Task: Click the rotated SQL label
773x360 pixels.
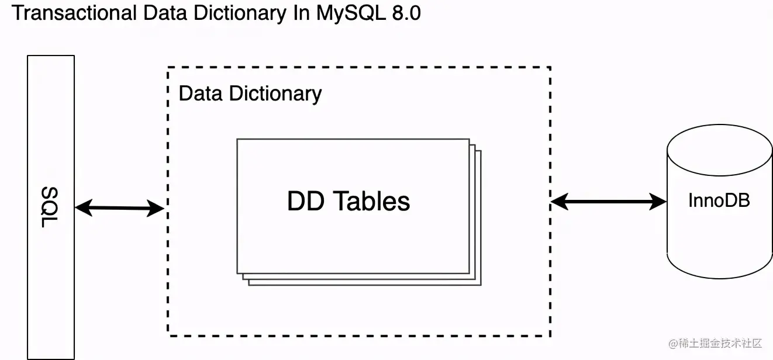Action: [51, 208]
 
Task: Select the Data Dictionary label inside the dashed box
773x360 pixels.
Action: [250, 94]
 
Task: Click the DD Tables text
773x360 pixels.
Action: [348, 201]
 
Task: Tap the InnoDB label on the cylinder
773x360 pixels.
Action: [719, 200]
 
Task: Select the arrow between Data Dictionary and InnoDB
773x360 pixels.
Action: [609, 202]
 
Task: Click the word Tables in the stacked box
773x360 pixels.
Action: [372, 201]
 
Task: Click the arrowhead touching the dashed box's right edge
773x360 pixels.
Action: [559, 202]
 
